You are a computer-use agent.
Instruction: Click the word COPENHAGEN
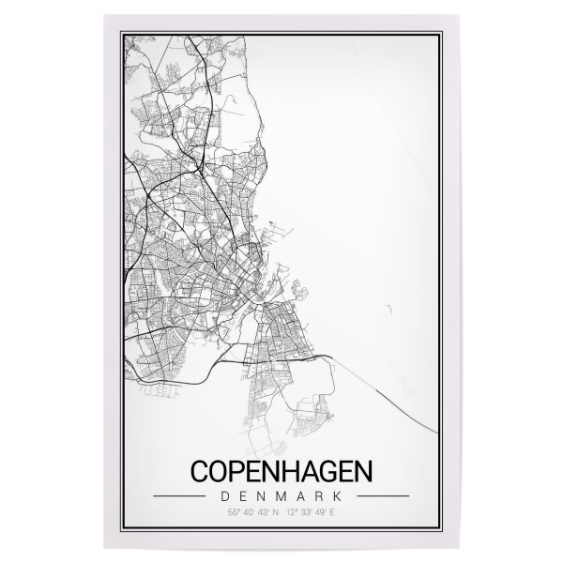pos(281,470)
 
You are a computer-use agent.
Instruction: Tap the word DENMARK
pos(281,495)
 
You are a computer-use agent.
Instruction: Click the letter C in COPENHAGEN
pos(200,470)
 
